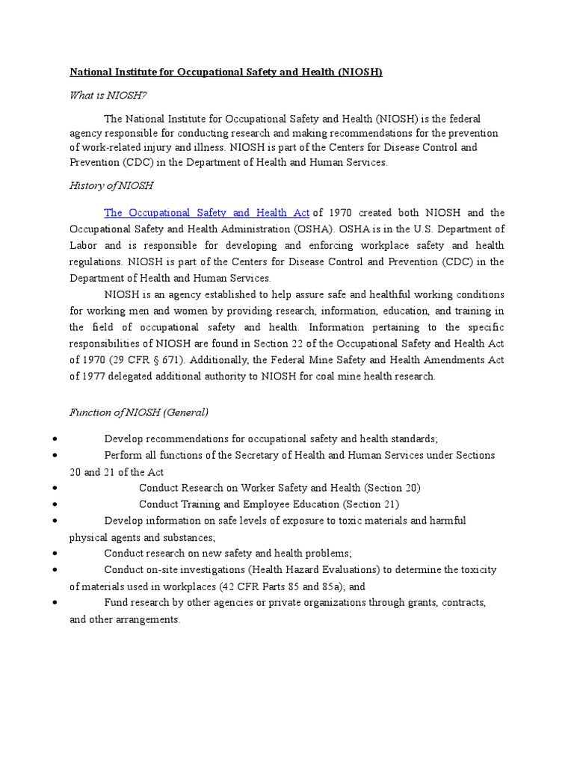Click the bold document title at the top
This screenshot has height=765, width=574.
point(226,72)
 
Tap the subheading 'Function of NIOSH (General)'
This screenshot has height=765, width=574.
point(139,412)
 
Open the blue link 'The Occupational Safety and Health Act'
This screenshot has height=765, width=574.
point(206,213)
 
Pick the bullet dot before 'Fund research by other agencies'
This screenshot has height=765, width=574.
point(56,602)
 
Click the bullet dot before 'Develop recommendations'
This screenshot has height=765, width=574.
point(56,439)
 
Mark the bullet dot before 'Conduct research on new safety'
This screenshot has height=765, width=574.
point(56,554)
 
